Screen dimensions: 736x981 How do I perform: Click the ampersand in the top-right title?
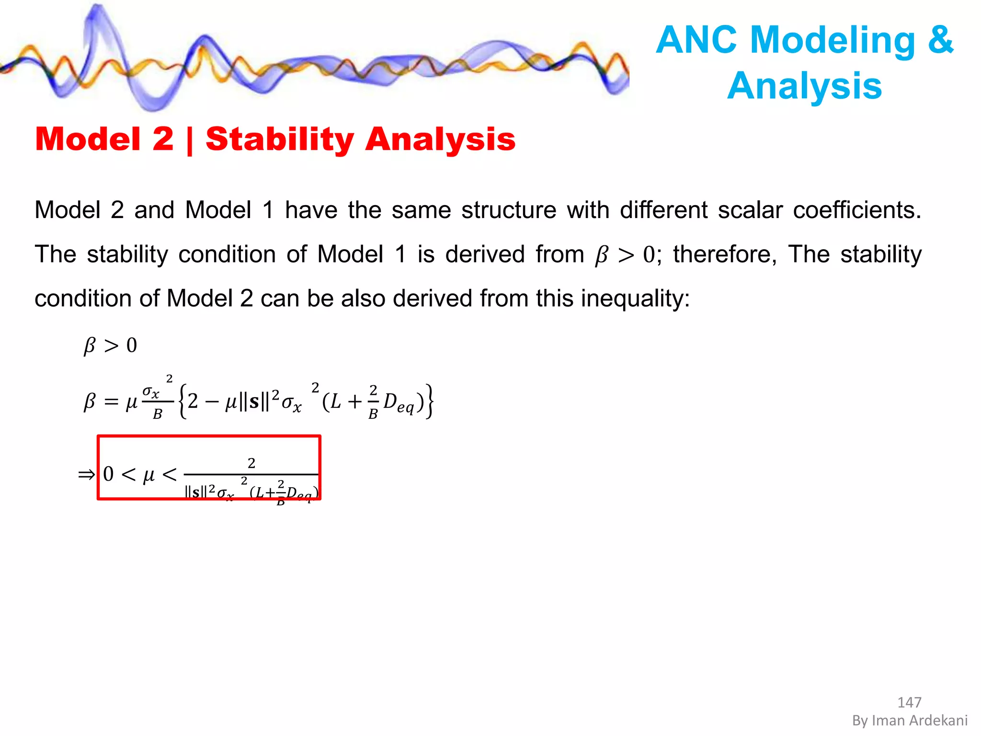click(940, 40)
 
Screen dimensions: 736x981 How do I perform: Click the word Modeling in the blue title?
click(833, 40)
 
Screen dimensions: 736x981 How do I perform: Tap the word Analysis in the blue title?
click(805, 86)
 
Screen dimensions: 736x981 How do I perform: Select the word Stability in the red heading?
click(280, 139)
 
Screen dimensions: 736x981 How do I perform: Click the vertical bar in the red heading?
click(190, 140)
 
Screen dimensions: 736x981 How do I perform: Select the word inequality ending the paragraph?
click(635, 299)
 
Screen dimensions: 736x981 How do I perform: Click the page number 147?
click(909, 702)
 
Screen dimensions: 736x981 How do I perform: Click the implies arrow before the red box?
click(87, 475)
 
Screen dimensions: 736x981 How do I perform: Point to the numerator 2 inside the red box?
click(251, 463)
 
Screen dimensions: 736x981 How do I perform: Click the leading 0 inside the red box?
click(109, 474)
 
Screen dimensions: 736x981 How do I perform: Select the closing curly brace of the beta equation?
click(430, 401)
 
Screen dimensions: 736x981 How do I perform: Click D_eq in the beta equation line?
click(398, 402)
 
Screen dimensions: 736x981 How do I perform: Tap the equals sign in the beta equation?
click(111, 402)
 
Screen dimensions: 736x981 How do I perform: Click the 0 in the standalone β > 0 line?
click(132, 345)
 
